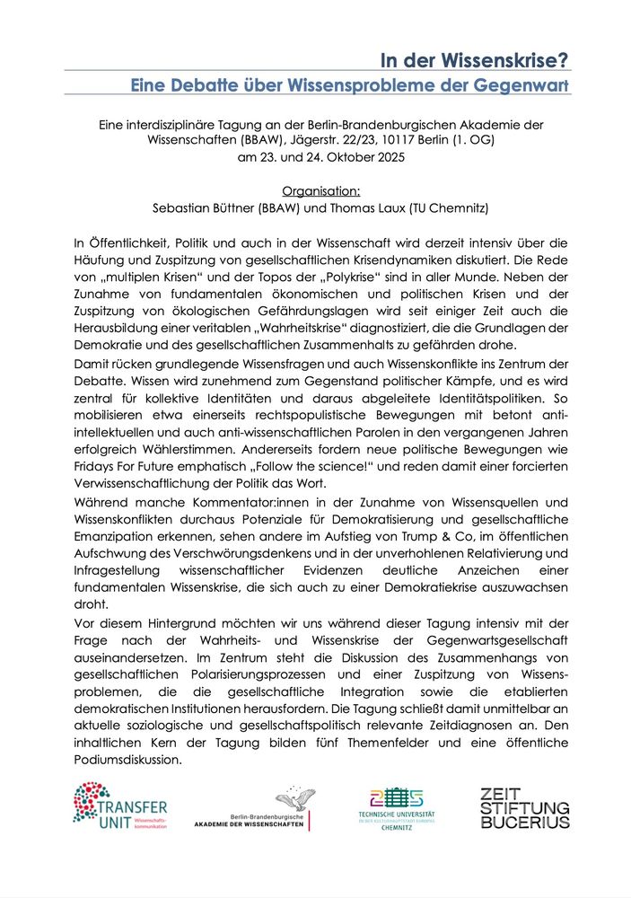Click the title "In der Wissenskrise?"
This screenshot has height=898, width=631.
475,60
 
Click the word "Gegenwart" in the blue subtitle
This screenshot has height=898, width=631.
522,86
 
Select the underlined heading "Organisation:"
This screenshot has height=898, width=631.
320,190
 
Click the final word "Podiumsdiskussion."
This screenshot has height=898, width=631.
129,759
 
